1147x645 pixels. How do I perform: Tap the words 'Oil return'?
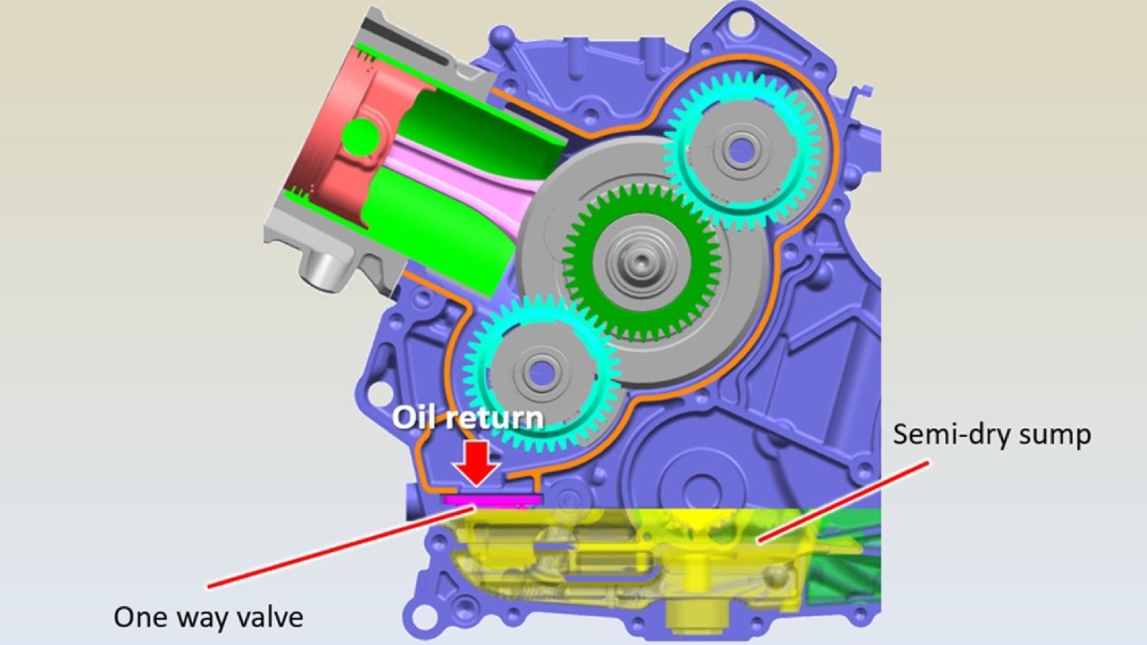pos(467,419)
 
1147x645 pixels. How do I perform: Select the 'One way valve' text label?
pos(209,617)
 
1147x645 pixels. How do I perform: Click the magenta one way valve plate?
pos(492,499)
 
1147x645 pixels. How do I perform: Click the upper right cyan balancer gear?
pos(742,151)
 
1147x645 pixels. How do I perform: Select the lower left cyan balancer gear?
pos(542,373)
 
